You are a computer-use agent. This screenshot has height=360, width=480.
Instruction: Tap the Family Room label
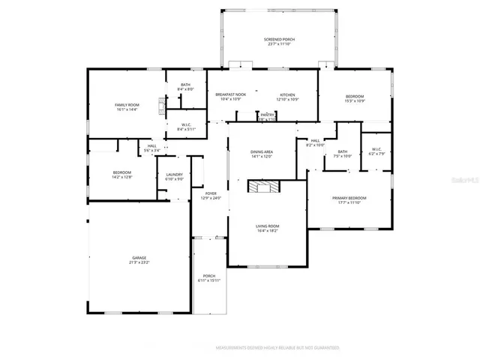(126, 104)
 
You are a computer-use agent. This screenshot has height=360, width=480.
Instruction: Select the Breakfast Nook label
(227, 94)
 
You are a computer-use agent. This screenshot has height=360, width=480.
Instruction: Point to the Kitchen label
(287, 94)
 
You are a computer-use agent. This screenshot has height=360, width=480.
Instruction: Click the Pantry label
(267, 115)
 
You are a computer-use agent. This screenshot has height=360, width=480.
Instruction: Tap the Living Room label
(268, 226)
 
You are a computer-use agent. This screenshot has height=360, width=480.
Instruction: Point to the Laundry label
(174, 175)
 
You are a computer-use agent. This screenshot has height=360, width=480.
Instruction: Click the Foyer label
(211, 193)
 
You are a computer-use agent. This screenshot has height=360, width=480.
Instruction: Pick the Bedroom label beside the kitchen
(355, 96)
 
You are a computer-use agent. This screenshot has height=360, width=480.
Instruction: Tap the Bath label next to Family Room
(185, 85)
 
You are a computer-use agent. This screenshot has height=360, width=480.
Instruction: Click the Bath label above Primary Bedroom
(343, 152)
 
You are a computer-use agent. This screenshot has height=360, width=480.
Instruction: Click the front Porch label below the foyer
(209, 276)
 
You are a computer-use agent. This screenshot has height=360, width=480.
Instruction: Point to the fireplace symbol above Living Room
(264, 187)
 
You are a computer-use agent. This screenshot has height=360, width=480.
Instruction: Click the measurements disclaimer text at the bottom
(277, 348)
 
